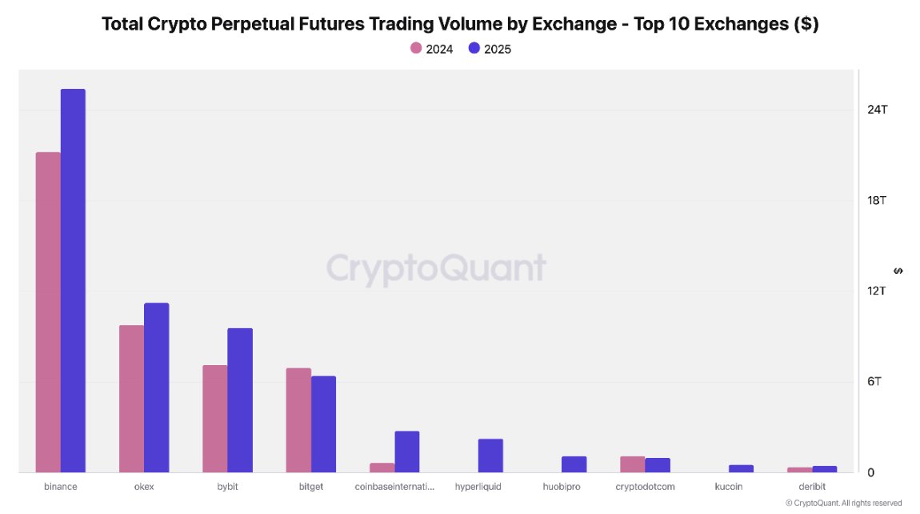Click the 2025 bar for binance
pyautogui.click(x=73, y=280)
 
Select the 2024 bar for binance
pyautogui.click(x=48, y=312)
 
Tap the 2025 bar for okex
pyautogui.click(x=157, y=388)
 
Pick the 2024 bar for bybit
pyautogui.click(x=214, y=419)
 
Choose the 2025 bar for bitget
pyautogui.click(x=323, y=424)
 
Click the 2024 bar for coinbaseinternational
pyautogui.click(x=382, y=468)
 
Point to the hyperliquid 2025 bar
pyautogui.click(x=490, y=456)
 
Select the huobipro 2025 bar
pyautogui.click(x=574, y=464)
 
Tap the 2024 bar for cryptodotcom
pyautogui.click(x=632, y=464)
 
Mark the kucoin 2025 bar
pyautogui.click(x=741, y=468)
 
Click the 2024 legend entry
pyautogui.click(x=432, y=49)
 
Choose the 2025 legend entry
pyautogui.click(x=490, y=49)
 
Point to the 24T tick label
pyautogui.click(x=877, y=110)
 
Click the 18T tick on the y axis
pyautogui.click(x=877, y=200)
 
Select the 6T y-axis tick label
pyautogui.click(x=874, y=381)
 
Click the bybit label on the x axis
pyautogui.click(x=227, y=486)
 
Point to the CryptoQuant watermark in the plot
pyautogui.click(x=436, y=267)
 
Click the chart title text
pyautogui.click(x=460, y=24)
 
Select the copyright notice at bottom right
pyautogui.click(x=843, y=504)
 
